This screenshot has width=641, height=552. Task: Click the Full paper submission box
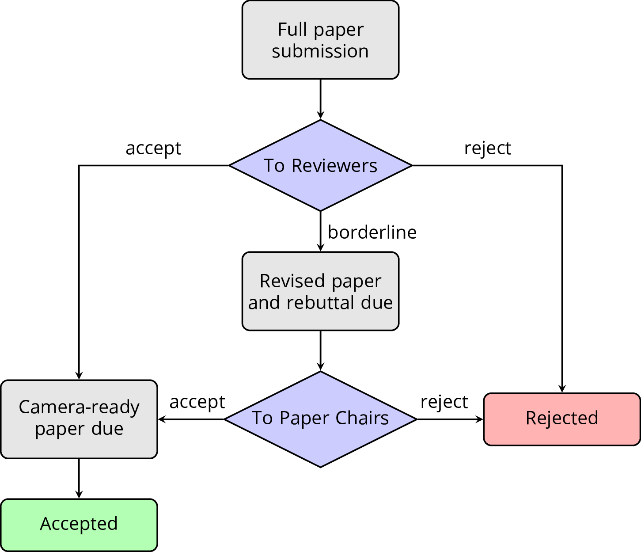320,40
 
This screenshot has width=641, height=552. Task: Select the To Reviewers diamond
320,166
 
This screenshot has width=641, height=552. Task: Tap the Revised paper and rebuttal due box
320,291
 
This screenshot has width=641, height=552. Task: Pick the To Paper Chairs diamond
320,419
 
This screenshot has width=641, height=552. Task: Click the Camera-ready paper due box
79,419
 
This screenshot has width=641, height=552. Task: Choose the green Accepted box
79,525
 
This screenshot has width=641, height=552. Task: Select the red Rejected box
562,419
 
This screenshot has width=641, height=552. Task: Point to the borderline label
372,232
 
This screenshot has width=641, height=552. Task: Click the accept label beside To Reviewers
153,148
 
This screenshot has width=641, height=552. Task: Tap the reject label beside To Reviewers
487,148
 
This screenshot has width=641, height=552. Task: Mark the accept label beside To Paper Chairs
197,402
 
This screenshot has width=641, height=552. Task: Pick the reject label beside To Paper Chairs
444,402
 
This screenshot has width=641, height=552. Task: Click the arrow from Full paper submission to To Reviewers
320,99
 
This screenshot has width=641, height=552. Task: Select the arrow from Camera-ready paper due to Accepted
79,479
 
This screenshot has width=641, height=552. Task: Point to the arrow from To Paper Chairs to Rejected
450,419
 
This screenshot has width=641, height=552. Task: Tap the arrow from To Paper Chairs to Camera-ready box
191,419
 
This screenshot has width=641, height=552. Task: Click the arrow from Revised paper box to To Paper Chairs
320,350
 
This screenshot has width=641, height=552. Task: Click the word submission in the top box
320,51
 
